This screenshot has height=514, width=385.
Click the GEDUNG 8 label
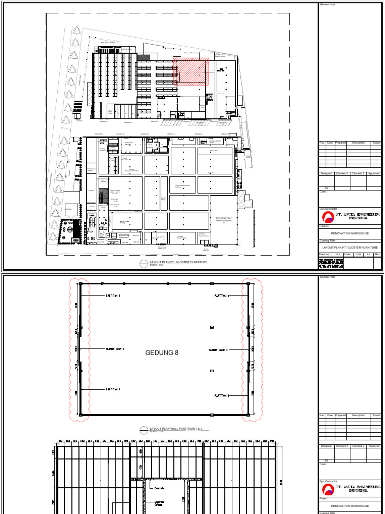tap(162, 353)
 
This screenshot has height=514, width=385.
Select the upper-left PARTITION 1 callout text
tap(113, 296)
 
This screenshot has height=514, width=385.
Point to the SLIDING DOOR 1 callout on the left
tap(114, 349)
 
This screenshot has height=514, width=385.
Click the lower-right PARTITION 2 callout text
tap(221, 396)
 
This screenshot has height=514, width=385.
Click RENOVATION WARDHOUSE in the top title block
tap(350, 233)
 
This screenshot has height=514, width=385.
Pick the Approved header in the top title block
tap(374, 174)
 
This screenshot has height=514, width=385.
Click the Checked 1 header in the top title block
tap(342, 174)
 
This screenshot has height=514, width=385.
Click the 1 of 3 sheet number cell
tap(342, 254)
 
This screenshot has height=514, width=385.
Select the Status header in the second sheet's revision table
tap(376, 415)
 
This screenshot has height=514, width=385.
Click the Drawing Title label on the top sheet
tap(328, 241)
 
